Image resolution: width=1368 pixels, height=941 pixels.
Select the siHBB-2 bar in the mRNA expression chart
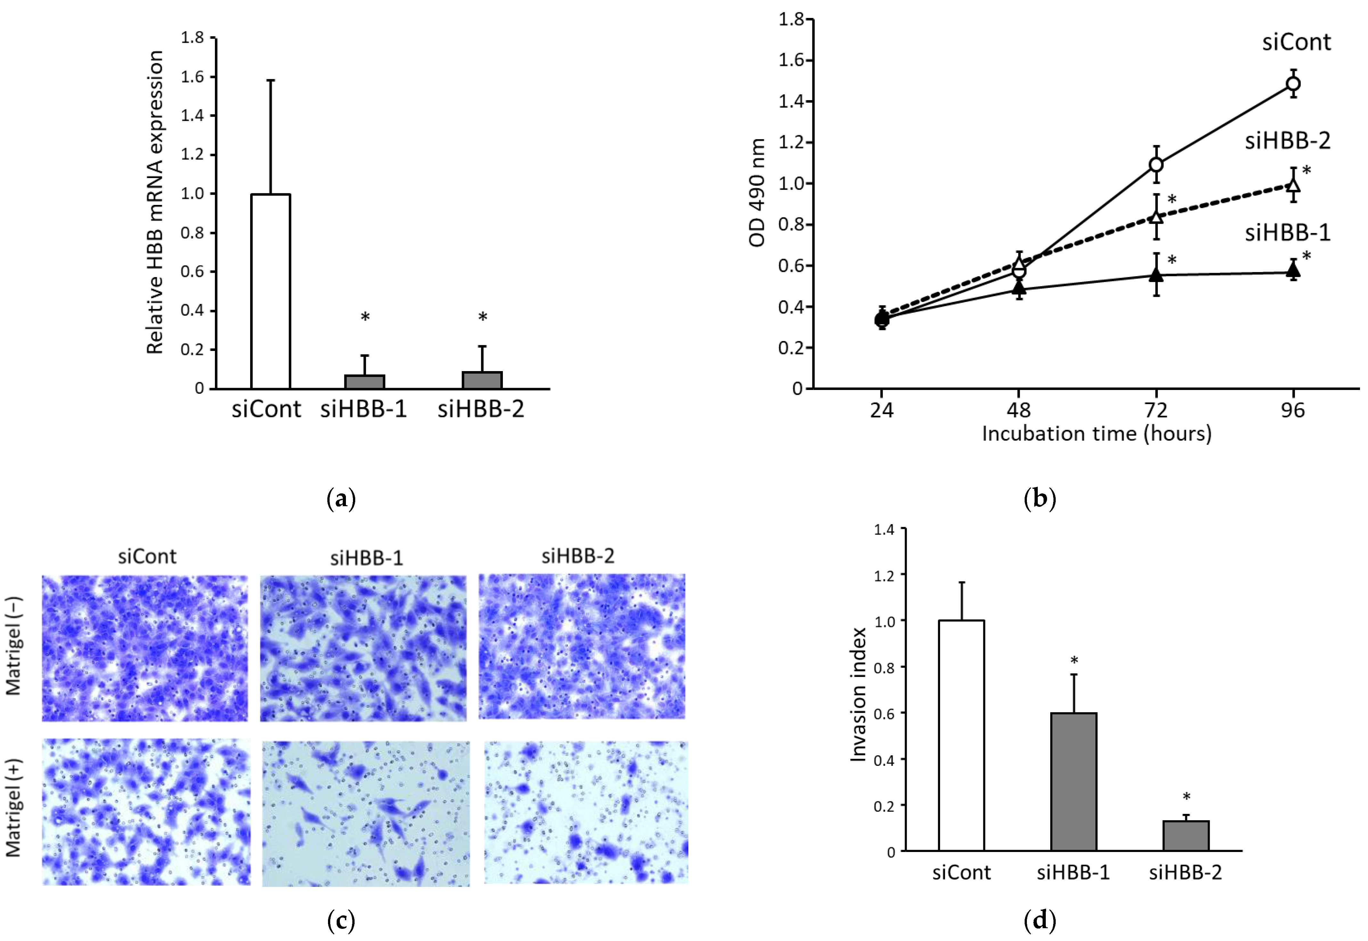coord(482,380)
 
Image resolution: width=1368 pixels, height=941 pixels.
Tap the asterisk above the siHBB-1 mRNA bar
coord(365,317)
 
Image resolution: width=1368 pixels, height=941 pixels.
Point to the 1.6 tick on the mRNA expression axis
coord(192,77)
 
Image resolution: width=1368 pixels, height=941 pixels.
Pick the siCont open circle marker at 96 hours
coord(1293,84)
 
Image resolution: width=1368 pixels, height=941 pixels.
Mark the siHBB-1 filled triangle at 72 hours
coord(1156,275)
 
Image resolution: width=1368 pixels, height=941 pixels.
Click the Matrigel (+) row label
coord(13,808)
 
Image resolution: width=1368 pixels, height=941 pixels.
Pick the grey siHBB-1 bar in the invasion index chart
coord(1073,781)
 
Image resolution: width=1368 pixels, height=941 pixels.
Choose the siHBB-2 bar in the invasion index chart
coord(1186,835)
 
